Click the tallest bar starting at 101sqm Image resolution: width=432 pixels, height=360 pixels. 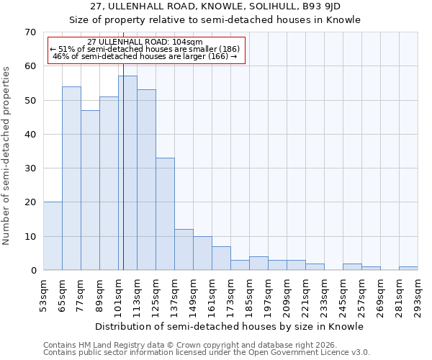pyautogui.click(x=127, y=173)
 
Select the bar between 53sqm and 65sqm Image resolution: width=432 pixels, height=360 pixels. pyautogui.click(x=53, y=236)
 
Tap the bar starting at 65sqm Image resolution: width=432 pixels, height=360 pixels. pyautogui.click(x=71, y=179)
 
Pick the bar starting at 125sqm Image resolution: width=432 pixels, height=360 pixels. pyautogui.click(x=165, y=214)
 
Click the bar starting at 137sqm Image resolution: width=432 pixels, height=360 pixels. pyautogui.click(x=184, y=250)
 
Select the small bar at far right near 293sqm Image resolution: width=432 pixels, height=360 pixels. pyautogui.click(x=408, y=269)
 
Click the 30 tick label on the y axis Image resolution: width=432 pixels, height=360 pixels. pyautogui.click(x=30, y=168)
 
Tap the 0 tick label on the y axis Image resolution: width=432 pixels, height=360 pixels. pyautogui.click(x=33, y=271)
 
